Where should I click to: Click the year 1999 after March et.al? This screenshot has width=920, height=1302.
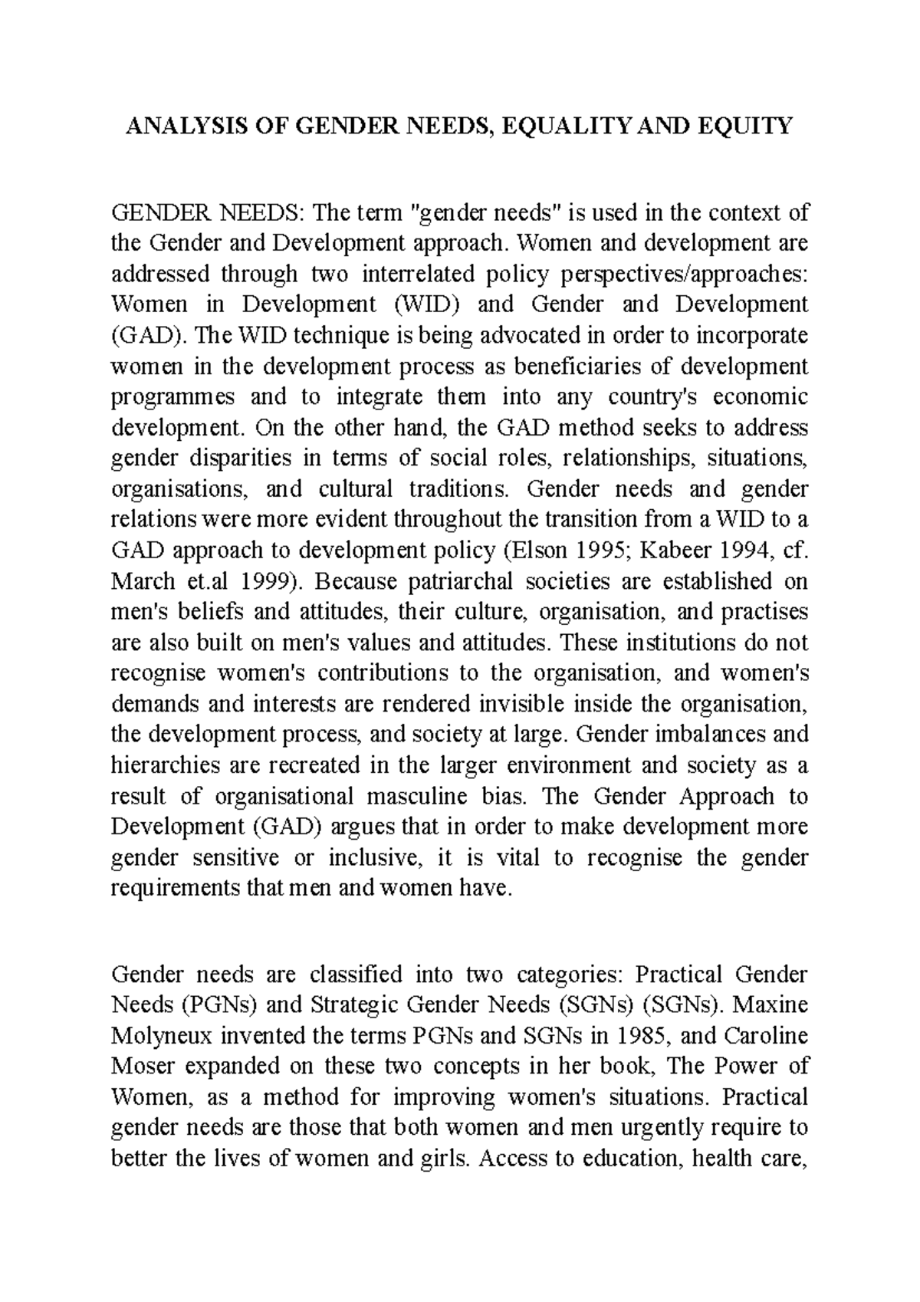click(x=262, y=581)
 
